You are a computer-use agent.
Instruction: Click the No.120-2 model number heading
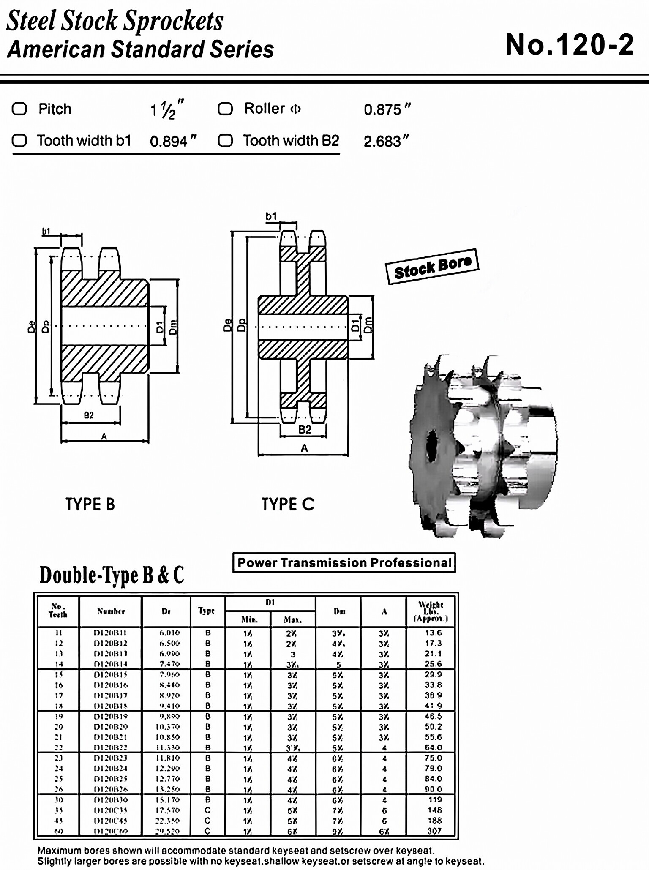click(x=569, y=45)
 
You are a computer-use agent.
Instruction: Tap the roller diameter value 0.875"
click(x=387, y=110)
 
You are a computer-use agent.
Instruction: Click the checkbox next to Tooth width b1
click(x=19, y=141)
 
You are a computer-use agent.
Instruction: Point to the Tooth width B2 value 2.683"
click(x=386, y=141)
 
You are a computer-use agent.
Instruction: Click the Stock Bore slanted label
click(x=432, y=266)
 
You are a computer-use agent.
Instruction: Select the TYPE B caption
click(x=90, y=504)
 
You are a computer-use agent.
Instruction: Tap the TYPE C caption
click(x=288, y=504)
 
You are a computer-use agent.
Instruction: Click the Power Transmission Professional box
click(x=344, y=563)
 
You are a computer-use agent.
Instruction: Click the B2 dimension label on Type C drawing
click(x=305, y=430)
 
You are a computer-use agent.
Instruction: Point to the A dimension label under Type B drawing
click(x=104, y=436)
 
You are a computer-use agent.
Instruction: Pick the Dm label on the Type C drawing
click(x=368, y=325)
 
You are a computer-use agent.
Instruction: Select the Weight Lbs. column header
click(x=431, y=611)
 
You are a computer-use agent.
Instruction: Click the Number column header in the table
click(x=111, y=611)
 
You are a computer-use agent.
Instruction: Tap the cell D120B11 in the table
click(x=110, y=633)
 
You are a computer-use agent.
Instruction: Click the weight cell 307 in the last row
click(x=434, y=831)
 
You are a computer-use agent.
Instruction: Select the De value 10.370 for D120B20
click(x=167, y=727)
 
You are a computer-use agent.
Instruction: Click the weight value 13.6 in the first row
click(x=434, y=633)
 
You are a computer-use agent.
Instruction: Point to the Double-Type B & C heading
click(x=112, y=575)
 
